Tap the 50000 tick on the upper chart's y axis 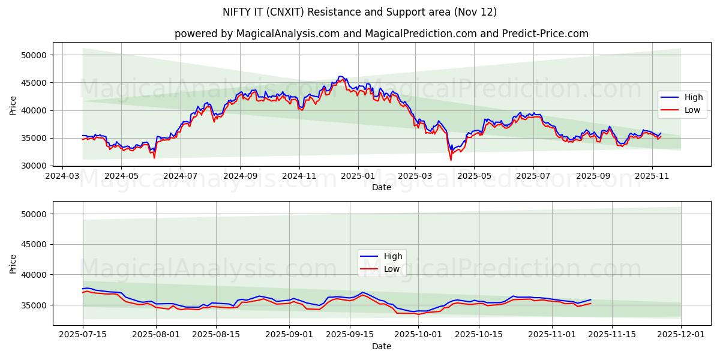tap(34, 55)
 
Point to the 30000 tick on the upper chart tap(34, 166)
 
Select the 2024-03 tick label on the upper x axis tap(62, 176)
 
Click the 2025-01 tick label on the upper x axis tap(358, 176)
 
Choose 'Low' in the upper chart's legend tap(691, 110)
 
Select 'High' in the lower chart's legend tap(393, 257)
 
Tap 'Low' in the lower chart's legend tap(392, 269)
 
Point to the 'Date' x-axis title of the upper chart tap(381, 187)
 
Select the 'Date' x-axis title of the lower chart tap(381, 346)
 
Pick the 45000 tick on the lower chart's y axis tap(34, 244)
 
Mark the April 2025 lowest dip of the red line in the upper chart tap(451, 160)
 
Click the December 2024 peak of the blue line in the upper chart tap(340, 76)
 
